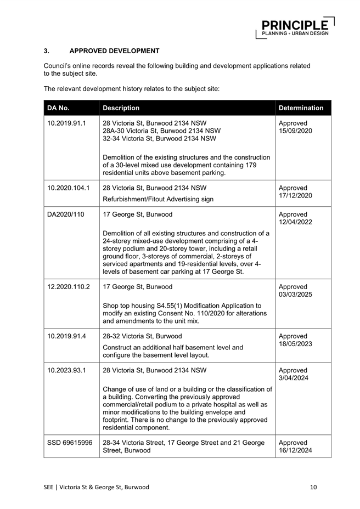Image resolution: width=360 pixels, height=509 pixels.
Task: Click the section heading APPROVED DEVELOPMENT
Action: click(x=114, y=51)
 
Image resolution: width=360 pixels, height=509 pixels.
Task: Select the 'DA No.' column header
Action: click(x=59, y=108)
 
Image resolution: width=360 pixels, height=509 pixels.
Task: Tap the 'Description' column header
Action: click(x=121, y=108)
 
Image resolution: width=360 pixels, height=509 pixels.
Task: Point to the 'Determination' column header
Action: click(x=301, y=108)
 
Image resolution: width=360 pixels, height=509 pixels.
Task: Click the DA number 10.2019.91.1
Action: click(x=67, y=123)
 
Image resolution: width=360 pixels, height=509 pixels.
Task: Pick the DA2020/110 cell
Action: click(x=65, y=214)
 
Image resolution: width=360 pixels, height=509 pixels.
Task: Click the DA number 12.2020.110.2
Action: click(x=69, y=287)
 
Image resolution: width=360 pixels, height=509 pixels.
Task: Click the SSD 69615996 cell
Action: click(x=70, y=443)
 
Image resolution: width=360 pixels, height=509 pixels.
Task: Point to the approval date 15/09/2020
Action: click(x=295, y=132)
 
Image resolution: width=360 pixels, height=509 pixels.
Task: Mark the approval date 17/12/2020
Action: click(x=295, y=196)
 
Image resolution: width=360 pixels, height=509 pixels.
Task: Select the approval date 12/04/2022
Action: click(x=295, y=222)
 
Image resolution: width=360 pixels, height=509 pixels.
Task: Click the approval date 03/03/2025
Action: click(x=295, y=295)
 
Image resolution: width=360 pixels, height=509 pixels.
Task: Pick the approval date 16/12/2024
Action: click(x=295, y=450)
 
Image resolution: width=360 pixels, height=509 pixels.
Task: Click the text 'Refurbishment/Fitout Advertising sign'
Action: click(x=158, y=199)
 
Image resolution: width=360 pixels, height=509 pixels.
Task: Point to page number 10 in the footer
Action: click(x=313, y=487)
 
